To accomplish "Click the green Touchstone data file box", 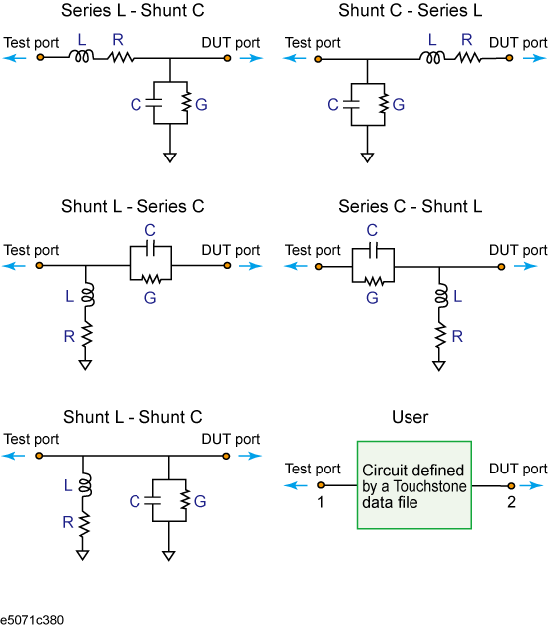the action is coord(414,485).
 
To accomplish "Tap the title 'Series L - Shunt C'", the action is coord(133,10).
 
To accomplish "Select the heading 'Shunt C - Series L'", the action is coord(411,10).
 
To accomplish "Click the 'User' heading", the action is coord(411,417).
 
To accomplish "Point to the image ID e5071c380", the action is coord(32,620).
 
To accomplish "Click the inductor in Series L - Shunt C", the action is coord(82,56).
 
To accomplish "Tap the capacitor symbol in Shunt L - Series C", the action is coord(150,249).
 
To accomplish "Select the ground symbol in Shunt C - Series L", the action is coord(367,157).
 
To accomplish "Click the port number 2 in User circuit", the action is coord(511,502).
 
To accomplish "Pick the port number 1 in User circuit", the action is coord(320,502).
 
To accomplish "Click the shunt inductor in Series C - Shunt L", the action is coord(441,296).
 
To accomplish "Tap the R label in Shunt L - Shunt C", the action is coord(68,522).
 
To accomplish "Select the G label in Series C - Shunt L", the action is coord(372,298).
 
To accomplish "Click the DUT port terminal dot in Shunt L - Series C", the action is coord(227,265).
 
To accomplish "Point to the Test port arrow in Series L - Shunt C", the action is coord(14,58).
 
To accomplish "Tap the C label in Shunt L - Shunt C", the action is coord(135,501).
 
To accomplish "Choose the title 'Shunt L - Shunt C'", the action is coord(133,417).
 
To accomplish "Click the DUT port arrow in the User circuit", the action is coord(532,485).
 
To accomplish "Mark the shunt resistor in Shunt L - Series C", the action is coord(87,335).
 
